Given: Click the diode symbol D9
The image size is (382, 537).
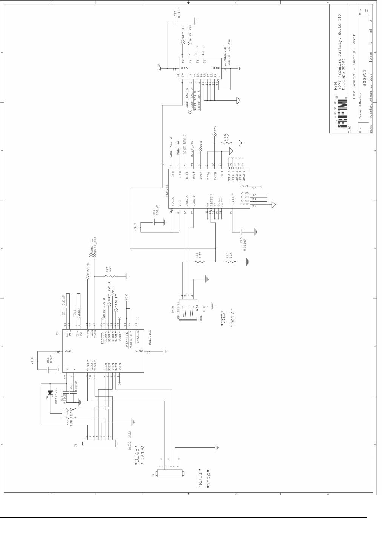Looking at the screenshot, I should point(50,392).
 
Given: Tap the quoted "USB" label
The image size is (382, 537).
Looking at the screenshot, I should point(223,319).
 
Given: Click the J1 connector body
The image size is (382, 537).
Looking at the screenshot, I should point(100,444).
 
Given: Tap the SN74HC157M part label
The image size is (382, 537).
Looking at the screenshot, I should point(225,57).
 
